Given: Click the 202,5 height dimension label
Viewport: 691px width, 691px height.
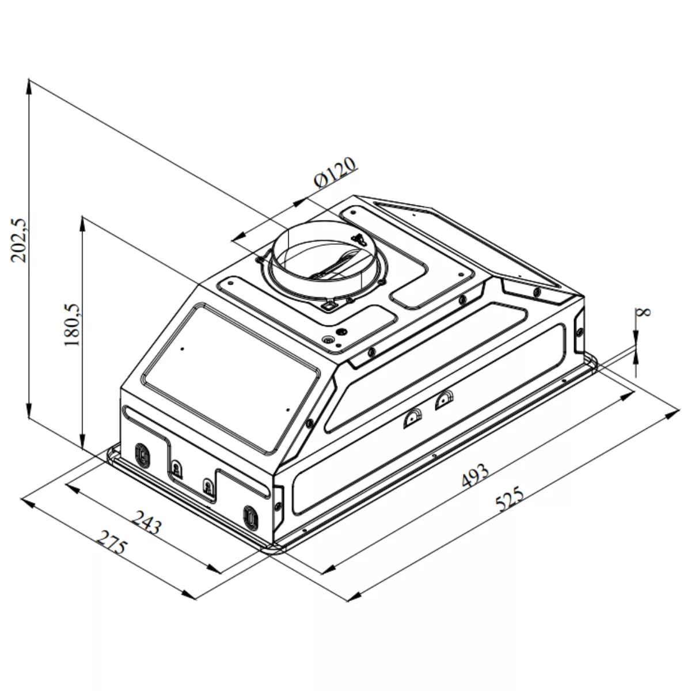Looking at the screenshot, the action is pyautogui.click(x=18, y=240).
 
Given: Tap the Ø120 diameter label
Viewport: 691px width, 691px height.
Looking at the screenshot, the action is pyautogui.click(x=335, y=172).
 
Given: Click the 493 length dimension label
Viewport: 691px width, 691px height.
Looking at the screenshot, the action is pyautogui.click(x=474, y=476).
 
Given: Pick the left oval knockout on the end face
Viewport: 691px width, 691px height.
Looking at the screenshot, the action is pyautogui.click(x=142, y=455).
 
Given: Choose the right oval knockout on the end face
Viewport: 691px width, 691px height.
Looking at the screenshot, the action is pyautogui.click(x=250, y=518).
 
